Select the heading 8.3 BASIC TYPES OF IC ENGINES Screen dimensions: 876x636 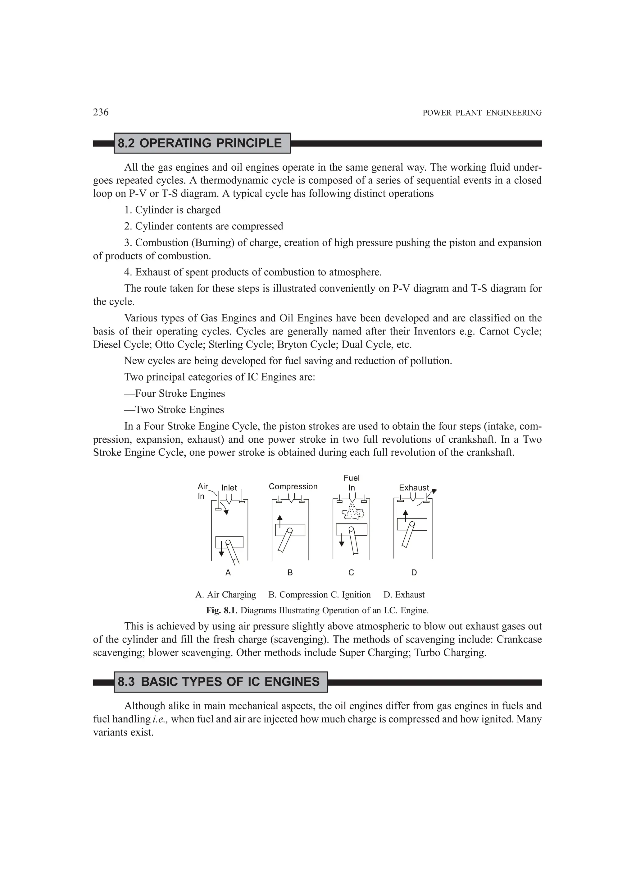coord(219,682)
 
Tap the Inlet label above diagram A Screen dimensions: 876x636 coord(229,488)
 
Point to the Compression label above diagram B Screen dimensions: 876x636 coord(293,487)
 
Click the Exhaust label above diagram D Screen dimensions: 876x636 coord(414,488)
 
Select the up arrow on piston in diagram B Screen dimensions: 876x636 coord(280,521)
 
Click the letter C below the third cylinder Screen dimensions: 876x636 coord(351,573)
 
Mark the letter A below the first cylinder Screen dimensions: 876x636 coord(228,573)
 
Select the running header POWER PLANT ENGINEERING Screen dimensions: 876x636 coord(482,113)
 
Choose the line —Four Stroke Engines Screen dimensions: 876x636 coord(175,394)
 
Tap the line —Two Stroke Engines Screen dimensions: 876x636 coord(174,410)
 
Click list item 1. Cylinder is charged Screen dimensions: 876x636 coord(172,210)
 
